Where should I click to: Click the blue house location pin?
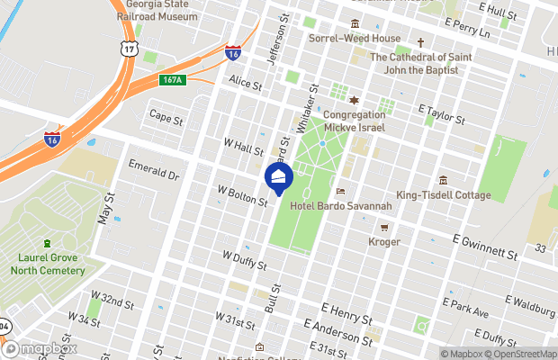tap(279, 178)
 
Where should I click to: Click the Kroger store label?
tap(384, 241)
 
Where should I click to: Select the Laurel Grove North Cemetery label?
tap(48, 263)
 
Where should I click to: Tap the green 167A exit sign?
tap(174, 79)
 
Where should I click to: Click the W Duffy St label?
tap(244, 260)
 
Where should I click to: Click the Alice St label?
tap(245, 84)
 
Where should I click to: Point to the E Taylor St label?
tap(441, 113)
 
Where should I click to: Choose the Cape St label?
tap(166, 117)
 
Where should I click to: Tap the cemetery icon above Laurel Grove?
tap(48, 243)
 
